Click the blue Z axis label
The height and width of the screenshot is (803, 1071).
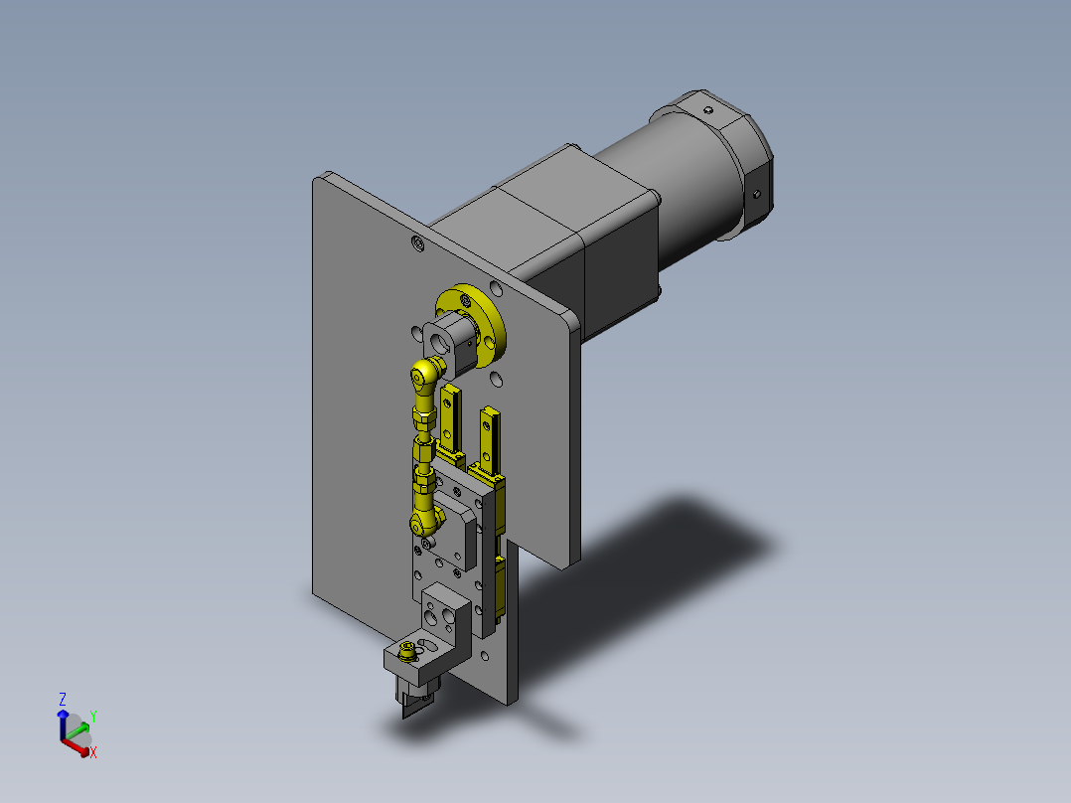pos(63,699)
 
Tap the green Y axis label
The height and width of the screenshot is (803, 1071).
pos(93,717)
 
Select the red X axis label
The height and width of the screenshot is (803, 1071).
pos(93,752)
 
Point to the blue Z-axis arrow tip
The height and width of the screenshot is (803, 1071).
pos(63,714)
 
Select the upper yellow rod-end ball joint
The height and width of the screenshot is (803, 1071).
pos(426,375)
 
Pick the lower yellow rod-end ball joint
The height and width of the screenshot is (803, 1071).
pos(425,521)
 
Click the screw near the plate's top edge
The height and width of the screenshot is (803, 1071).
pos(417,242)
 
